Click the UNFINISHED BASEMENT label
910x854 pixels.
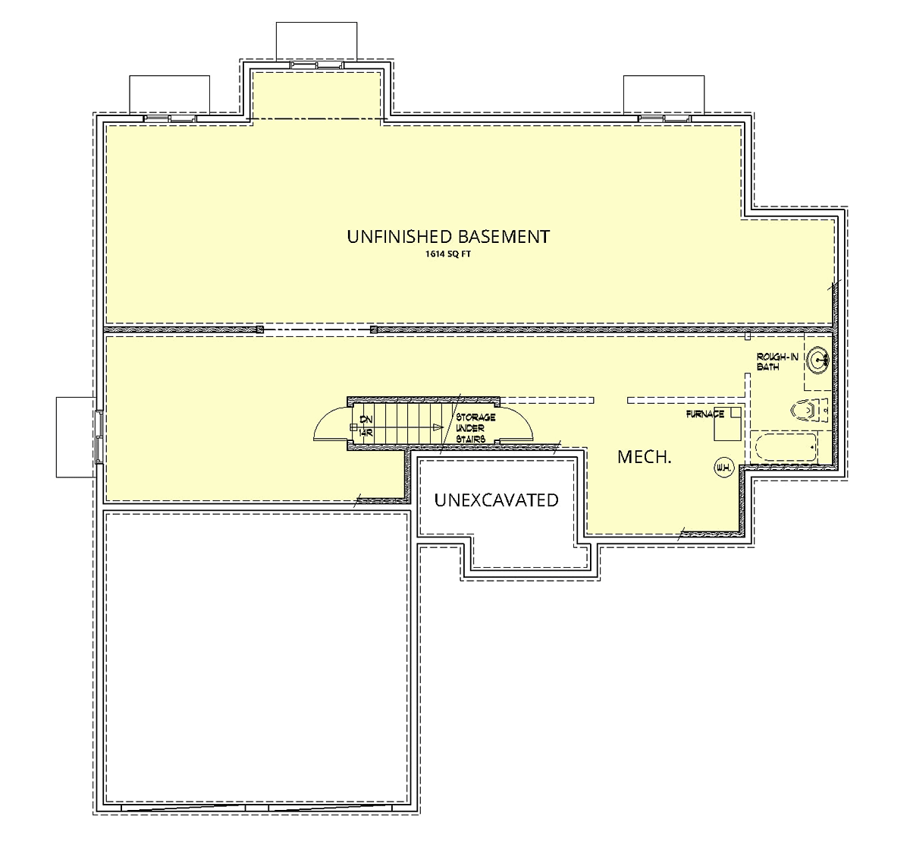[x=447, y=237]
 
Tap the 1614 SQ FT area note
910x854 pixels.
[x=447, y=255]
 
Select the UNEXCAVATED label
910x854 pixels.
[x=496, y=500]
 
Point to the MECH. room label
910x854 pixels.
[x=644, y=457]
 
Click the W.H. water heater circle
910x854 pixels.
[x=723, y=468]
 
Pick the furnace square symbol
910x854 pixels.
[x=727, y=424]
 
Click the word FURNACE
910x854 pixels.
[x=704, y=414]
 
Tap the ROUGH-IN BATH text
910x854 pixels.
[x=777, y=362]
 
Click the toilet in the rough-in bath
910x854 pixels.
[x=808, y=411]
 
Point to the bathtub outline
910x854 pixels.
[x=786, y=448]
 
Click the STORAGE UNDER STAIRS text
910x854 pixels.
[x=475, y=428]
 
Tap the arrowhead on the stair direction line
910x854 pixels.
[x=438, y=427]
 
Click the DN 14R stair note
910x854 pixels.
[x=366, y=426]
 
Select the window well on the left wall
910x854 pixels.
[x=75, y=436]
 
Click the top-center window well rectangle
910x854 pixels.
[x=315, y=41]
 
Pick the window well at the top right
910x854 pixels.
[x=664, y=95]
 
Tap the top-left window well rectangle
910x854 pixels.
[x=169, y=95]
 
